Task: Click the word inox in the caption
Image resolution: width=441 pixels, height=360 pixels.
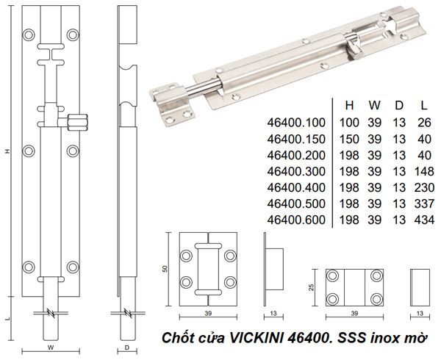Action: coord(385,337)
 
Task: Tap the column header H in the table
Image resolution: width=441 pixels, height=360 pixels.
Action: coord(351,104)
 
